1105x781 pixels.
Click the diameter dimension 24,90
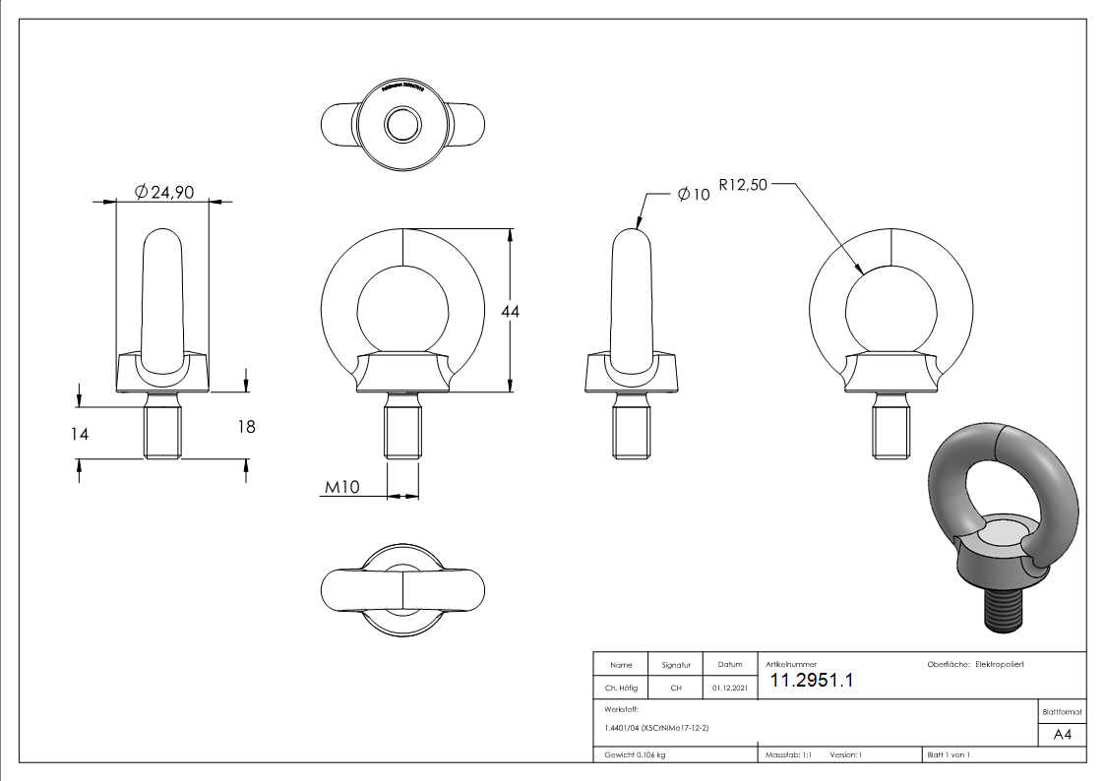(164, 193)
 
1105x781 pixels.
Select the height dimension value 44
(510, 311)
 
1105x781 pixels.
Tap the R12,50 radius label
(743, 185)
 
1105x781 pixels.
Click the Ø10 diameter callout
(694, 195)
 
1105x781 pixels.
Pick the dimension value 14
(80, 433)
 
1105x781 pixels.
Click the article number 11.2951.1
(811, 681)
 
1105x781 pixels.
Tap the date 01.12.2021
(729, 689)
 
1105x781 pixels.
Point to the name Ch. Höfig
(620, 689)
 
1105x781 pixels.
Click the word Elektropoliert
(1000, 665)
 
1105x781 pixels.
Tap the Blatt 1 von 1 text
(949, 755)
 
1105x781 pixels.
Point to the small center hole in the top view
(402, 124)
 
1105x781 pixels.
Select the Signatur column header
(676, 666)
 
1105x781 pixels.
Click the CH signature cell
(676, 689)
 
